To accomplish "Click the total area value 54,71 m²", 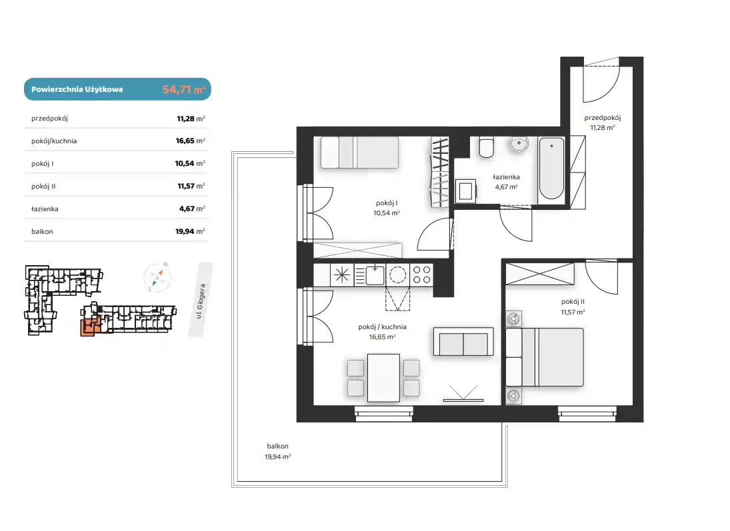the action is coord(184,89).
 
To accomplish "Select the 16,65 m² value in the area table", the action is coord(190,141).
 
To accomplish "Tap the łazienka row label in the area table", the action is coord(45,209).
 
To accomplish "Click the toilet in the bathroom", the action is coord(487,147).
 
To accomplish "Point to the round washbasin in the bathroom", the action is coord(519,144).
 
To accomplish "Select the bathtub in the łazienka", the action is coord(552,169).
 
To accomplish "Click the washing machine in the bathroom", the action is coord(465,191).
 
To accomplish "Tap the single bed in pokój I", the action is coord(359,152).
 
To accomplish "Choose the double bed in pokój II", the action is coord(545,357).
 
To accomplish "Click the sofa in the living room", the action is coord(463,342).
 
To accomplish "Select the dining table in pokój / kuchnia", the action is coord(383,378).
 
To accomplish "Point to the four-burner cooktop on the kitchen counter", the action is coord(422,274).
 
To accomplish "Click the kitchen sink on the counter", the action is coord(374,275).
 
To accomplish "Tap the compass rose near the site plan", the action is coord(158,278).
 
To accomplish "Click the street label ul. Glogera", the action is coord(201,301).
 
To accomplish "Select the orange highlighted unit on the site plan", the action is coord(89,328).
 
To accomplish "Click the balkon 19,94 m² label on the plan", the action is coord(277,452).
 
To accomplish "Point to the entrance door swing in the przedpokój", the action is coord(601,83).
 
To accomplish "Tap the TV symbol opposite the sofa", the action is coord(463,394).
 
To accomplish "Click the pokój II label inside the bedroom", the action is coord(573,302).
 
